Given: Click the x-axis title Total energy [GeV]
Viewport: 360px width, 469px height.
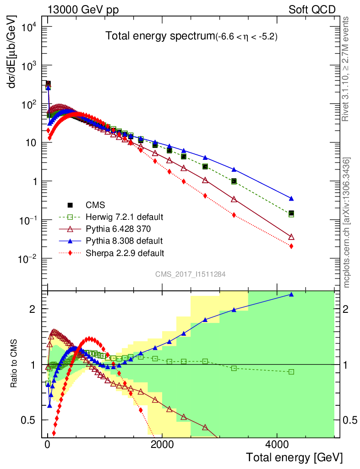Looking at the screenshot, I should [x=294, y=457].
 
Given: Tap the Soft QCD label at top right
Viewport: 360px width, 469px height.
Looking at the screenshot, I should [x=312, y=10].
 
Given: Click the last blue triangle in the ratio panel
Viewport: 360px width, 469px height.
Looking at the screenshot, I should [x=291, y=294].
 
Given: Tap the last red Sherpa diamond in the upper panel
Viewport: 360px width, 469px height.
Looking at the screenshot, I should [x=291, y=246].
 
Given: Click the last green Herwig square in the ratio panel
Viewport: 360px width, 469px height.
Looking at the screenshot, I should [x=291, y=371].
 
